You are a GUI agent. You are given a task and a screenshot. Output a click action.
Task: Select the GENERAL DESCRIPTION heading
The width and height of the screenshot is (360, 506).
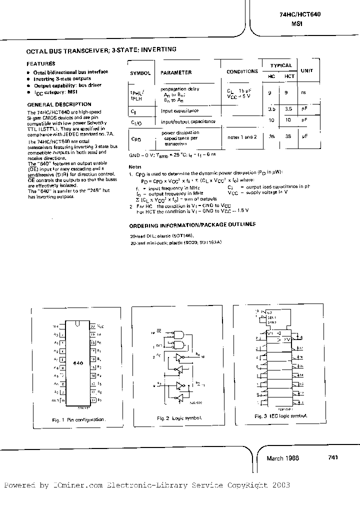51,104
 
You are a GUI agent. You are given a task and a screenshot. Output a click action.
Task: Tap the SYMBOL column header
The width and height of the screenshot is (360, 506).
140,73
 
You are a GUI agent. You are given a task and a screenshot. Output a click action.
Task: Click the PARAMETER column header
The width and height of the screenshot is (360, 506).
176,72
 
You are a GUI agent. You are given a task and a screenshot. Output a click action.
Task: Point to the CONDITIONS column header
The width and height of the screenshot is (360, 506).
242,71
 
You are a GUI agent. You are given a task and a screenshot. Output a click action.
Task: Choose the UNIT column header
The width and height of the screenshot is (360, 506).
306,70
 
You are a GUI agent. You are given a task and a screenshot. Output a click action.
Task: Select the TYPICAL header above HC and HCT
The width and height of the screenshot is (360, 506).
281,65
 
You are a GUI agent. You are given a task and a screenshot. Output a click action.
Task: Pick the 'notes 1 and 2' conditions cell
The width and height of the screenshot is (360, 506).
241,137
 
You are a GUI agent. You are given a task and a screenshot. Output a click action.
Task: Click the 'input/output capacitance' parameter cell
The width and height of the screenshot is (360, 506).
188,121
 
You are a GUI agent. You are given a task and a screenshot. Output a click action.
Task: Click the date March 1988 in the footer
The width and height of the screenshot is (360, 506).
282,458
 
